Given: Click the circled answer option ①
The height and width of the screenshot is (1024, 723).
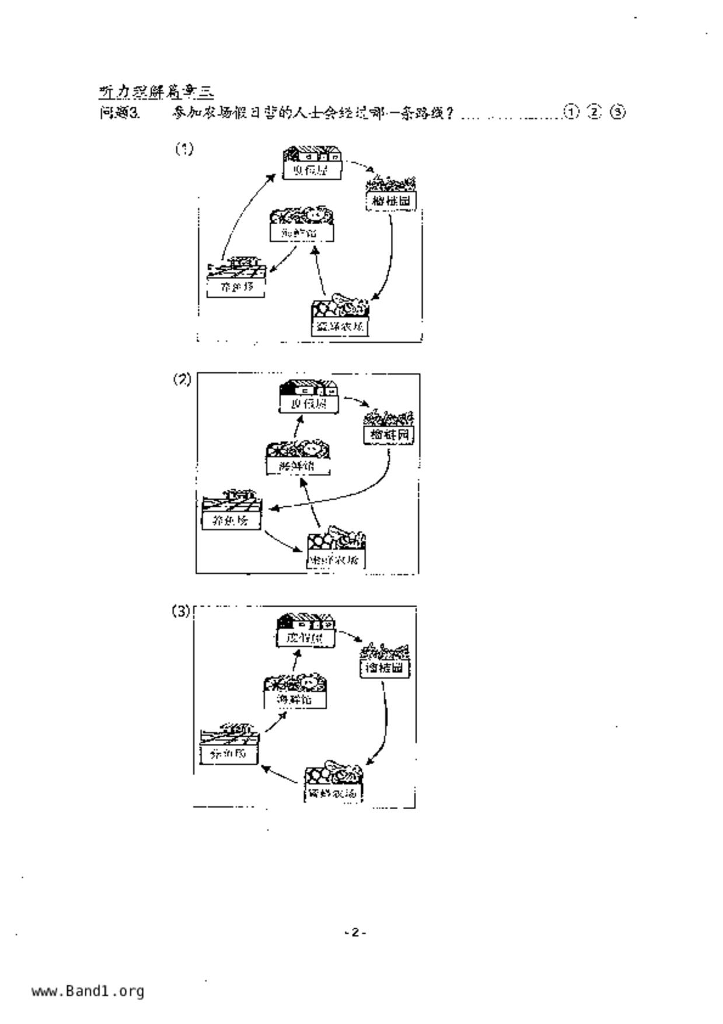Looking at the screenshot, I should [571, 112].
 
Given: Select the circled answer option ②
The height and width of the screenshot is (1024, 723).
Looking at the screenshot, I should [594, 112].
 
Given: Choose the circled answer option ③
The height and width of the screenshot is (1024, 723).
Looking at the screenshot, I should [617, 112].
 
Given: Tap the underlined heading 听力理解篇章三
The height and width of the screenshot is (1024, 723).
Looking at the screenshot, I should [156, 91].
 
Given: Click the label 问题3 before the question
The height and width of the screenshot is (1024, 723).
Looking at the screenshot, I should [120, 113].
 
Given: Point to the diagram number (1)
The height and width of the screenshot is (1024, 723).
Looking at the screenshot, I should [184, 149].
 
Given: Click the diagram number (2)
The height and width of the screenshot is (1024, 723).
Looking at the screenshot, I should [182, 379].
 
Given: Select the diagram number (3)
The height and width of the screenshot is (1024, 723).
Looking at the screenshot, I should [181, 611].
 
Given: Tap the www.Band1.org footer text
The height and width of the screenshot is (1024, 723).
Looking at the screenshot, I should [88, 991].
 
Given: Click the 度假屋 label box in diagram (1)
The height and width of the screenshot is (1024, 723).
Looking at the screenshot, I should [312, 170].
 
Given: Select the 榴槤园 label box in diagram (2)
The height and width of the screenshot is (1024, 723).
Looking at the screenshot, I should [389, 435].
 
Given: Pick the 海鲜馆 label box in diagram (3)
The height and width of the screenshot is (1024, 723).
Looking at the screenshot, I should [295, 699].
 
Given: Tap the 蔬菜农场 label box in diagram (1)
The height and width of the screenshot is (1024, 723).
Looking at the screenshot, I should [340, 326].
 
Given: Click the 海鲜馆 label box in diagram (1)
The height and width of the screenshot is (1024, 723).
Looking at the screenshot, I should [302, 232].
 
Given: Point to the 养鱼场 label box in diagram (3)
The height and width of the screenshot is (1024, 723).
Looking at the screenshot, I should [229, 754].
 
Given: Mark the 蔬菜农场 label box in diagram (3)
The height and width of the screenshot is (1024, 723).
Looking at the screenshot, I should [332, 793].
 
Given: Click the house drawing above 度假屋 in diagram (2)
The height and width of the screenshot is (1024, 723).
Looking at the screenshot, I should [308, 388].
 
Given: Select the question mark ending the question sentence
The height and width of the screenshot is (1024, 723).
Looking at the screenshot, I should [449, 112].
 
